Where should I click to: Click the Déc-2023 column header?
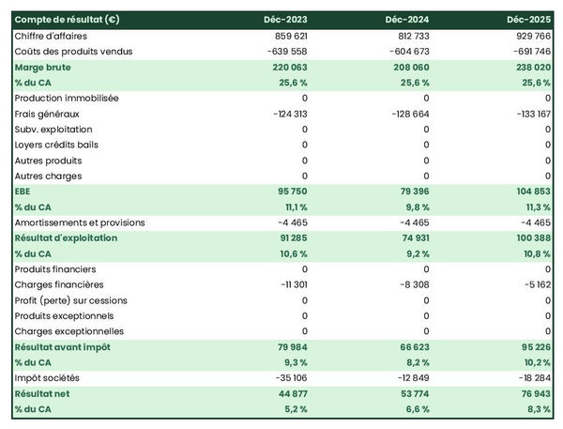click(x=287, y=19)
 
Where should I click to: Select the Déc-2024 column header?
click(x=408, y=19)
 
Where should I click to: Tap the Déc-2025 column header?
click(x=529, y=19)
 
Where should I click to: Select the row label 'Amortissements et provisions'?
click(x=80, y=222)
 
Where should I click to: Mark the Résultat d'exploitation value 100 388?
click(x=528, y=238)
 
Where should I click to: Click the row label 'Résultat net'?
click(x=42, y=394)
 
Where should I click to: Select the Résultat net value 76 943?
click(x=530, y=394)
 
